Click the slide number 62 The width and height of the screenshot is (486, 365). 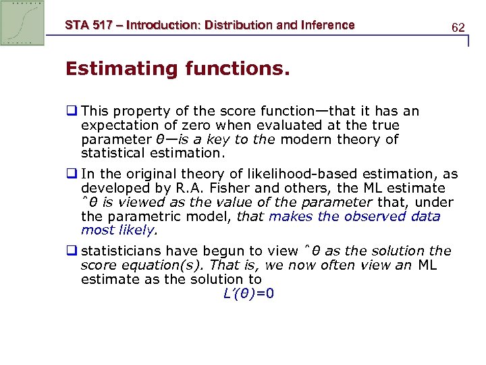458,28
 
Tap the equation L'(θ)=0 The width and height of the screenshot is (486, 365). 248,293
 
